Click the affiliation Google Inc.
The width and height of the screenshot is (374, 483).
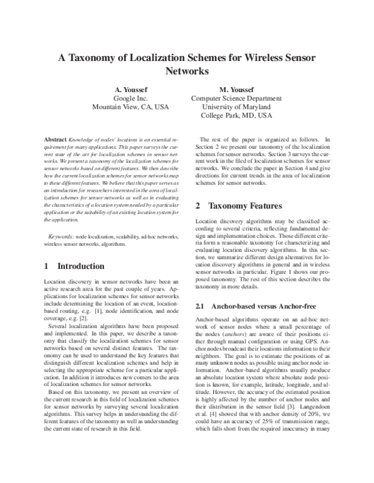tap(130, 98)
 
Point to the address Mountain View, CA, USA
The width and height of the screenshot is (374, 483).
tap(130, 106)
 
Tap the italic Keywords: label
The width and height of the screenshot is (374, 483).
tap(61, 237)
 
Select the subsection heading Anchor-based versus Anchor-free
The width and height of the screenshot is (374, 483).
tap(256, 307)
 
